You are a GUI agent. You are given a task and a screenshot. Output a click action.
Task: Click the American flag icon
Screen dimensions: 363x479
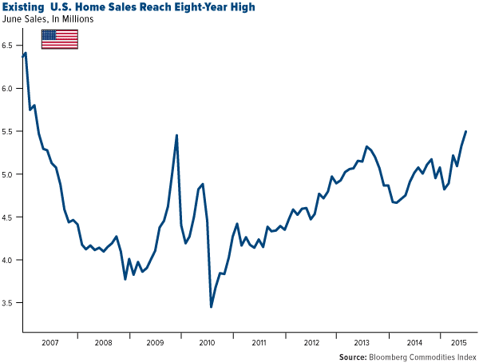(x=59, y=38)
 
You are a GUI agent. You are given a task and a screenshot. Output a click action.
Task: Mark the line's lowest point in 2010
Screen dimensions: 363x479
(x=211, y=307)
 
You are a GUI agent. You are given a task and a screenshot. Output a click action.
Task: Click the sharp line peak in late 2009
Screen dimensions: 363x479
(x=176, y=135)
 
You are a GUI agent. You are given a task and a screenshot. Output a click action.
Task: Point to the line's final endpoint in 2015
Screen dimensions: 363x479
(x=466, y=131)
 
